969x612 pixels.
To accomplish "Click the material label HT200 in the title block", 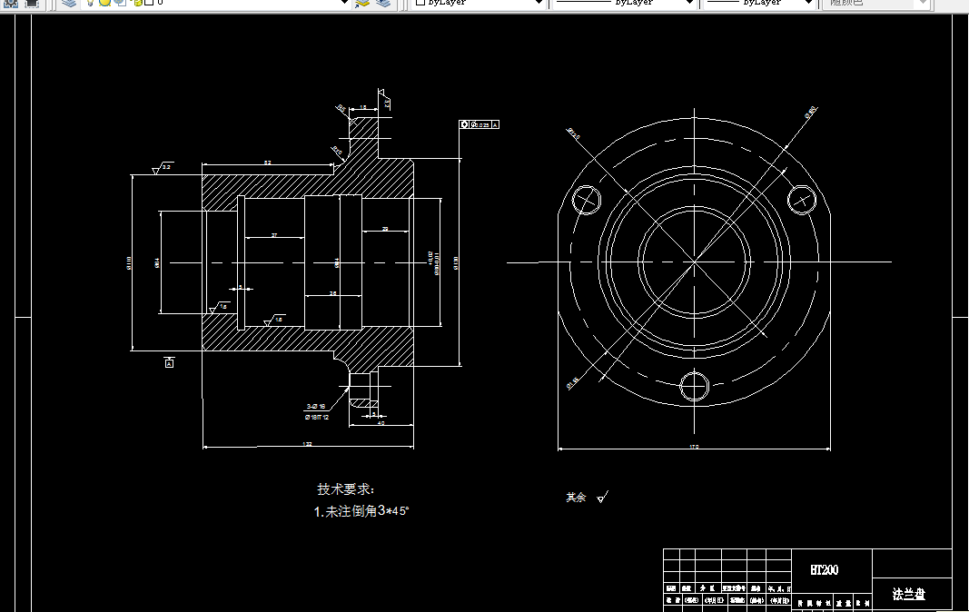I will [x=824, y=570].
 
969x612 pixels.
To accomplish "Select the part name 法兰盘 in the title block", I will [x=908, y=595].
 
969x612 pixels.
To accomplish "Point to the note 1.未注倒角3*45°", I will [x=361, y=511].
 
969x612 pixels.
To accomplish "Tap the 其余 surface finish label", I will [x=576, y=498].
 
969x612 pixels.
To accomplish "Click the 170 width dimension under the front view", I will [x=693, y=448].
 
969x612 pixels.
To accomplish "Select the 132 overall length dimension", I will [x=307, y=445].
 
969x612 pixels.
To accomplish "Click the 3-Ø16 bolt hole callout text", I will [x=316, y=406].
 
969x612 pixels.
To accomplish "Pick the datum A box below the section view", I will [x=169, y=363].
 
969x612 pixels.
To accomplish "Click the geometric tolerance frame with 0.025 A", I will [x=480, y=123].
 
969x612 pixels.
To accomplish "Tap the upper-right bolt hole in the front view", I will [x=802, y=197].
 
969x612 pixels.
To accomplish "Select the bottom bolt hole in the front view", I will [x=695, y=385].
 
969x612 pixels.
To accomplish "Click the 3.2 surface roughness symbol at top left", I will [x=163, y=168].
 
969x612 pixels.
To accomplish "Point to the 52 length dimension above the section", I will [x=267, y=163].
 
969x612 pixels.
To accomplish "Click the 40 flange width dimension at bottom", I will [x=381, y=423].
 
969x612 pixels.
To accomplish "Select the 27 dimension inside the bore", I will [x=274, y=235].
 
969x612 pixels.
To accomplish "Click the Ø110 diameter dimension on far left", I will [x=129, y=262].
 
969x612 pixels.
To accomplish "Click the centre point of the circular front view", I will [x=695, y=262].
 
